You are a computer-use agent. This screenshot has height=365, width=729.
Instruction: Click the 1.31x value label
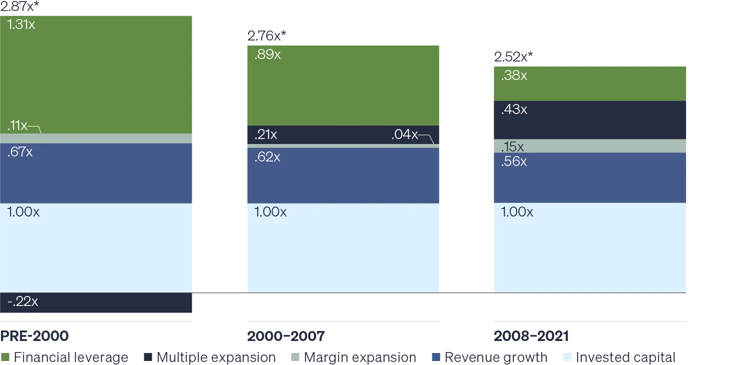21,24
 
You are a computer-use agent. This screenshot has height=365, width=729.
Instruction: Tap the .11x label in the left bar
17,125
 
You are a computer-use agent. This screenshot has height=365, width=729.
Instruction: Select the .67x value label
20,152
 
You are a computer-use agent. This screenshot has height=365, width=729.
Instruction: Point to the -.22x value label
23,301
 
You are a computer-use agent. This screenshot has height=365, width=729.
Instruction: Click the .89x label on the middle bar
268,54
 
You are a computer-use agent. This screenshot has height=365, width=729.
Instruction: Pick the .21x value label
266,134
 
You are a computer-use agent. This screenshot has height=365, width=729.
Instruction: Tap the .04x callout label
404,134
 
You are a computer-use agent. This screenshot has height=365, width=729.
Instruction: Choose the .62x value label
267,157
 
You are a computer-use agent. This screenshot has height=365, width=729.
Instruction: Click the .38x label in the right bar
514,75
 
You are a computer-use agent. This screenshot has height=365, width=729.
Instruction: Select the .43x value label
514,109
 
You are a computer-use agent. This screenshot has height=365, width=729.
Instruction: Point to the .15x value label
512,147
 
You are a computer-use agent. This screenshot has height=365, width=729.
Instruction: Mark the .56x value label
514,161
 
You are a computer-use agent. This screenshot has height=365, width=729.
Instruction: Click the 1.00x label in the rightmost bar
517,212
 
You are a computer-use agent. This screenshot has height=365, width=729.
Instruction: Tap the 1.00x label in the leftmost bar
23,212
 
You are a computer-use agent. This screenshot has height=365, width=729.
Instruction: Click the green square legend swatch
6,358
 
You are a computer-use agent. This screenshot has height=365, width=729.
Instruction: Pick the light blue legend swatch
568,358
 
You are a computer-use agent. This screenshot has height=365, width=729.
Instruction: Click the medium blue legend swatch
437,358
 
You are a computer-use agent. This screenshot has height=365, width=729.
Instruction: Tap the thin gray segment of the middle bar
342,146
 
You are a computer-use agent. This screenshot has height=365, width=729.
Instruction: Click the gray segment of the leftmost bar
97,138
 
